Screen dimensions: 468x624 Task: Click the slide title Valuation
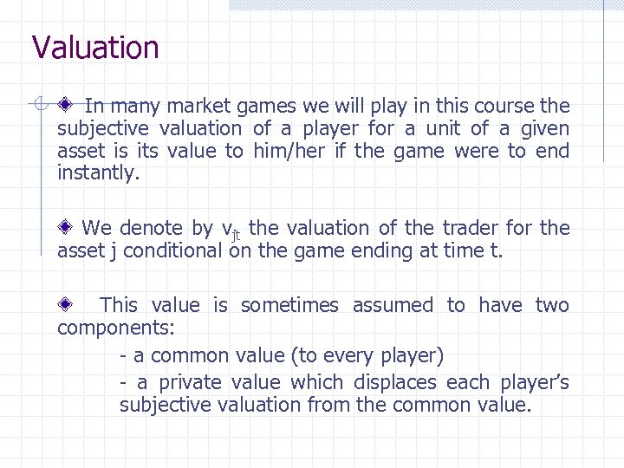[x=95, y=48]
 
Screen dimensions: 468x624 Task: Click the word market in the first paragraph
[x=198, y=107]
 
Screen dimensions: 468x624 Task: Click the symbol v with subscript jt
[x=230, y=231]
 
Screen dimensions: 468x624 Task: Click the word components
[x=115, y=328]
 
